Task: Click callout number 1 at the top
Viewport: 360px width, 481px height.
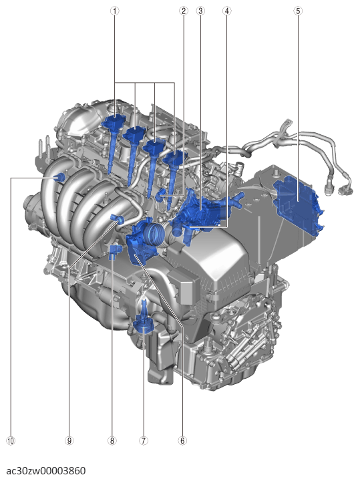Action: coord(115,11)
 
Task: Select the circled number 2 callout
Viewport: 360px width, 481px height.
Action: coord(182,11)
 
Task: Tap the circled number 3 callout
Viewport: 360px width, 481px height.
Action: coord(200,11)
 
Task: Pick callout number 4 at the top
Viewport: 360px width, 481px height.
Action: coord(227,11)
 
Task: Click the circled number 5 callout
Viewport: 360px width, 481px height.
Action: coord(297,11)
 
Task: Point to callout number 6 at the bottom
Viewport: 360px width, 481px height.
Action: coord(182,441)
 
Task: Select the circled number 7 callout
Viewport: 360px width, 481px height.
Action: coord(143,441)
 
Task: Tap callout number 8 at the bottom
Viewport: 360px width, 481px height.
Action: coord(112,441)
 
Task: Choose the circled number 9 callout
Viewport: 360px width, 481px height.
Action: coord(68,441)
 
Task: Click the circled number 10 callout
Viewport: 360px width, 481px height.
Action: coord(10,441)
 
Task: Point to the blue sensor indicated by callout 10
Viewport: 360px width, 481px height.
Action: coord(59,177)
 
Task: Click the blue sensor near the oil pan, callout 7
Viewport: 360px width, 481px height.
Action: coord(144,324)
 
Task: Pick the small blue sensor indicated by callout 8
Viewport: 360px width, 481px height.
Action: coord(113,252)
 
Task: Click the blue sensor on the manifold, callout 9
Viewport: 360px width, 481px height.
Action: coord(118,218)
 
